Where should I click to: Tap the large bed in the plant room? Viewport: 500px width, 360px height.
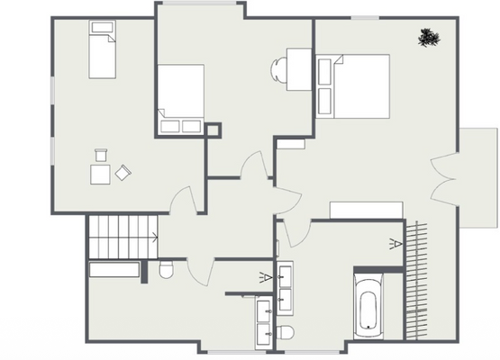click(x=353, y=85)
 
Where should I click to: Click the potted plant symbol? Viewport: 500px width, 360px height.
click(x=429, y=37)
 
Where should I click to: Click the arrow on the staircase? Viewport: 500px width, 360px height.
click(x=155, y=238)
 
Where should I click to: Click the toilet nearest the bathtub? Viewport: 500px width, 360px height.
click(x=286, y=333)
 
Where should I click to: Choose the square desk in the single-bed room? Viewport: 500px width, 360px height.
click(x=100, y=173)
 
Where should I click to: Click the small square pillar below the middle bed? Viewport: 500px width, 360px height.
click(x=214, y=131)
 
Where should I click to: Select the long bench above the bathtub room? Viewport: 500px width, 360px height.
click(x=365, y=210)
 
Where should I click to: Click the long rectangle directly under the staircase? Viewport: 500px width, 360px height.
click(x=114, y=269)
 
